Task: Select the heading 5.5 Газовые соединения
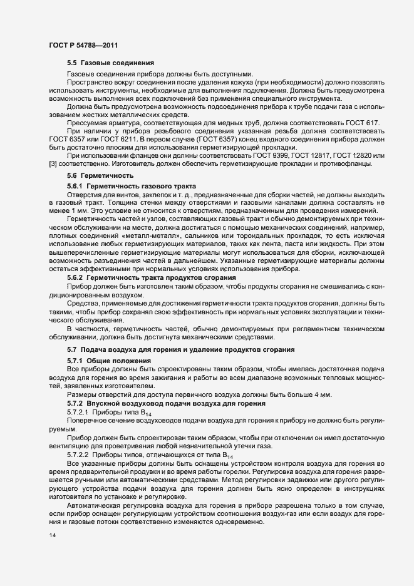pos(106,64)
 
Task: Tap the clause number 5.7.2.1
pos(79,414)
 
